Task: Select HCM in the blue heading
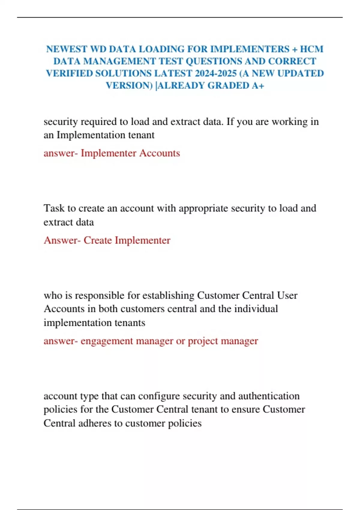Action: [312, 49]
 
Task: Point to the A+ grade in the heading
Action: [258, 86]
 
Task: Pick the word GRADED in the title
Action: [228, 86]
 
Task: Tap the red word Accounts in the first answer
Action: [160, 153]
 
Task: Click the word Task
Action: [53, 208]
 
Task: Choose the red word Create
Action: [97, 240]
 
